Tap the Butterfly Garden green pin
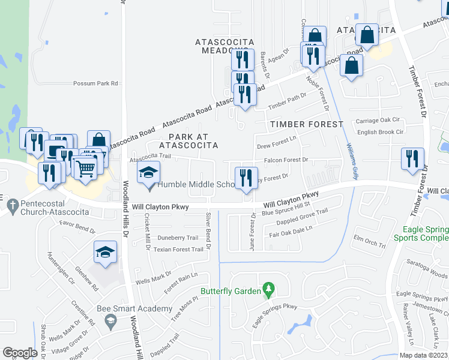269,291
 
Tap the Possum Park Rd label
96,84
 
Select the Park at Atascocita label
188,140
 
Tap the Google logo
20,352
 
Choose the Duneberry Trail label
177,238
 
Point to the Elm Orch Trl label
369,243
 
